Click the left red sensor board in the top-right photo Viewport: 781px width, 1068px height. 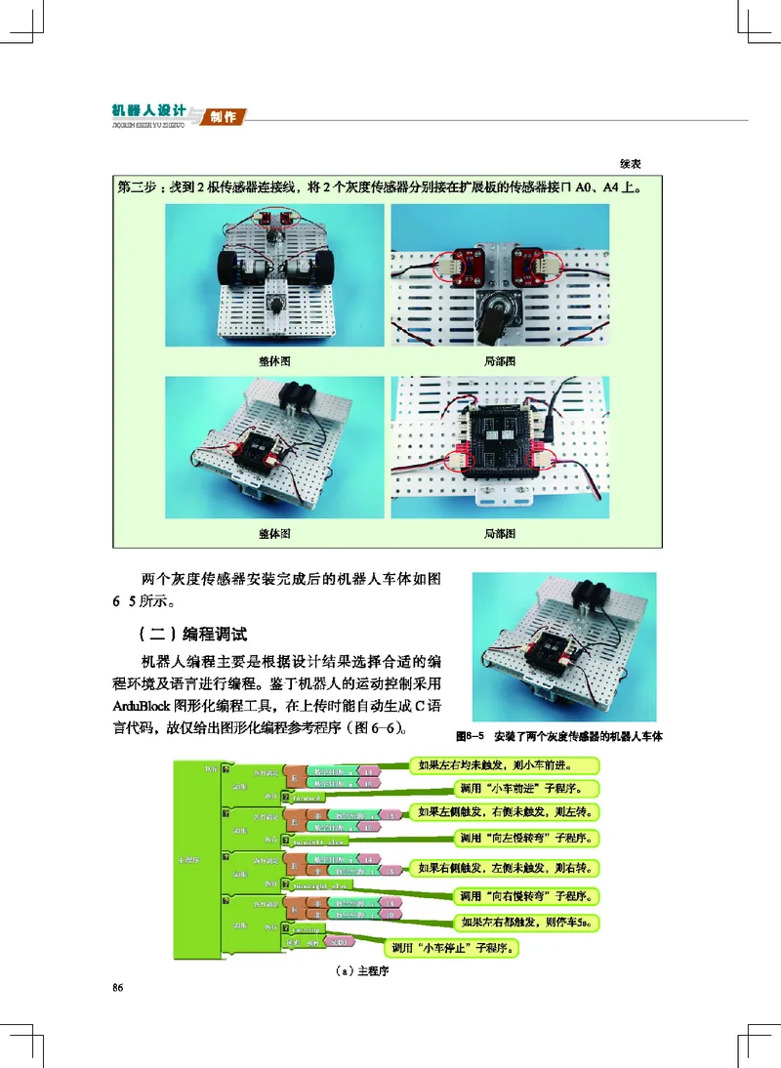462,263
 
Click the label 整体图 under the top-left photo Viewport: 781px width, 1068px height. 274,361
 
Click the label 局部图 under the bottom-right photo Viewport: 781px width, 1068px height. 500,534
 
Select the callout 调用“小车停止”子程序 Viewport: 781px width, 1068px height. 454,946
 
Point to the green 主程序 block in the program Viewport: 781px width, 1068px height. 193,859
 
